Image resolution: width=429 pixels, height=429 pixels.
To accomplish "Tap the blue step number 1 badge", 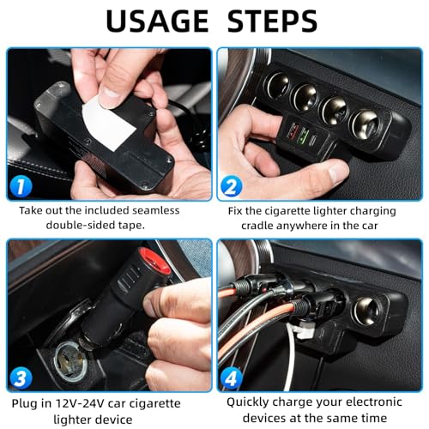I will click(x=20, y=183).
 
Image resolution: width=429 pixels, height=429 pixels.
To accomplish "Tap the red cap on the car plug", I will click(x=155, y=257).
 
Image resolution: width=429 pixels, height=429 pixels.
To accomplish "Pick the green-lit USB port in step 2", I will click(x=301, y=136).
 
